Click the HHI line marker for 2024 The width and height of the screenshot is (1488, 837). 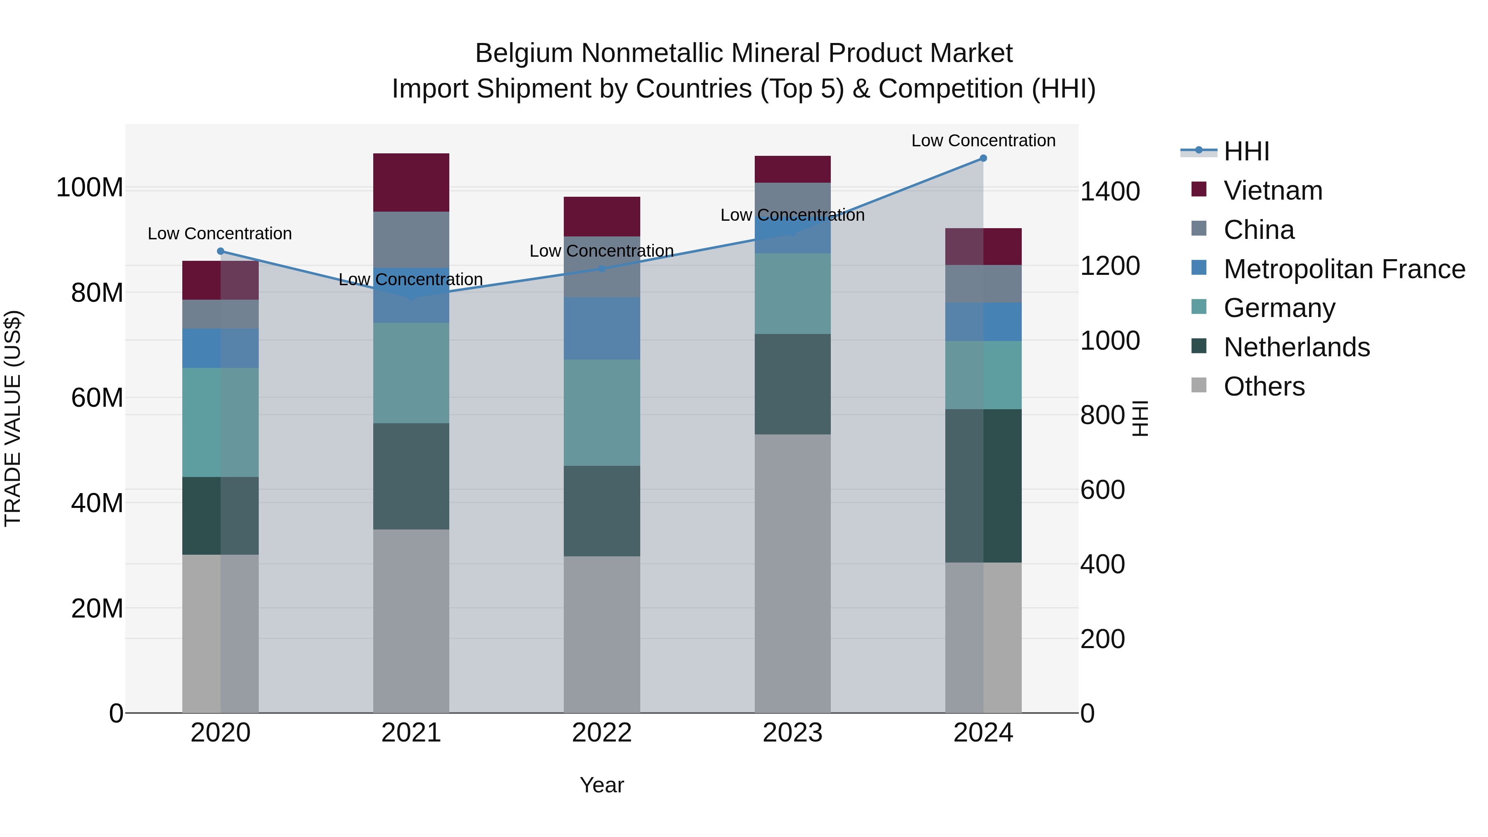click(x=983, y=158)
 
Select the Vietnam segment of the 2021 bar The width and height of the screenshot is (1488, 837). click(x=411, y=183)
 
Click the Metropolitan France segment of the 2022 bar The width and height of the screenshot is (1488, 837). click(x=602, y=328)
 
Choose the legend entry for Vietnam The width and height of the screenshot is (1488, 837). click(x=1273, y=191)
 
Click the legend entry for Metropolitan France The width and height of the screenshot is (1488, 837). click(x=1344, y=269)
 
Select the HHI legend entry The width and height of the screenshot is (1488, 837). click(x=1246, y=151)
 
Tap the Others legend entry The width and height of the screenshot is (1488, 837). click(x=1264, y=386)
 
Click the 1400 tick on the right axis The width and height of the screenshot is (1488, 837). click(x=1110, y=192)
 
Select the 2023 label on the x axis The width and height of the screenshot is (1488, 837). click(x=792, y=733)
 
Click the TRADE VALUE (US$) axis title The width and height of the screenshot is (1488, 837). click(x=13, y=418)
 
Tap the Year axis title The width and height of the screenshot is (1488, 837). click(x=602, y=785)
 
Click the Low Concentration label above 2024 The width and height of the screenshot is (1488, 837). click(x=983, y=141)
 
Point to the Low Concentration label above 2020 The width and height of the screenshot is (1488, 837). click(x=219, y=234)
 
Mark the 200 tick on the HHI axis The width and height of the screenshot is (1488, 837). click(x=1102, y=639)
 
